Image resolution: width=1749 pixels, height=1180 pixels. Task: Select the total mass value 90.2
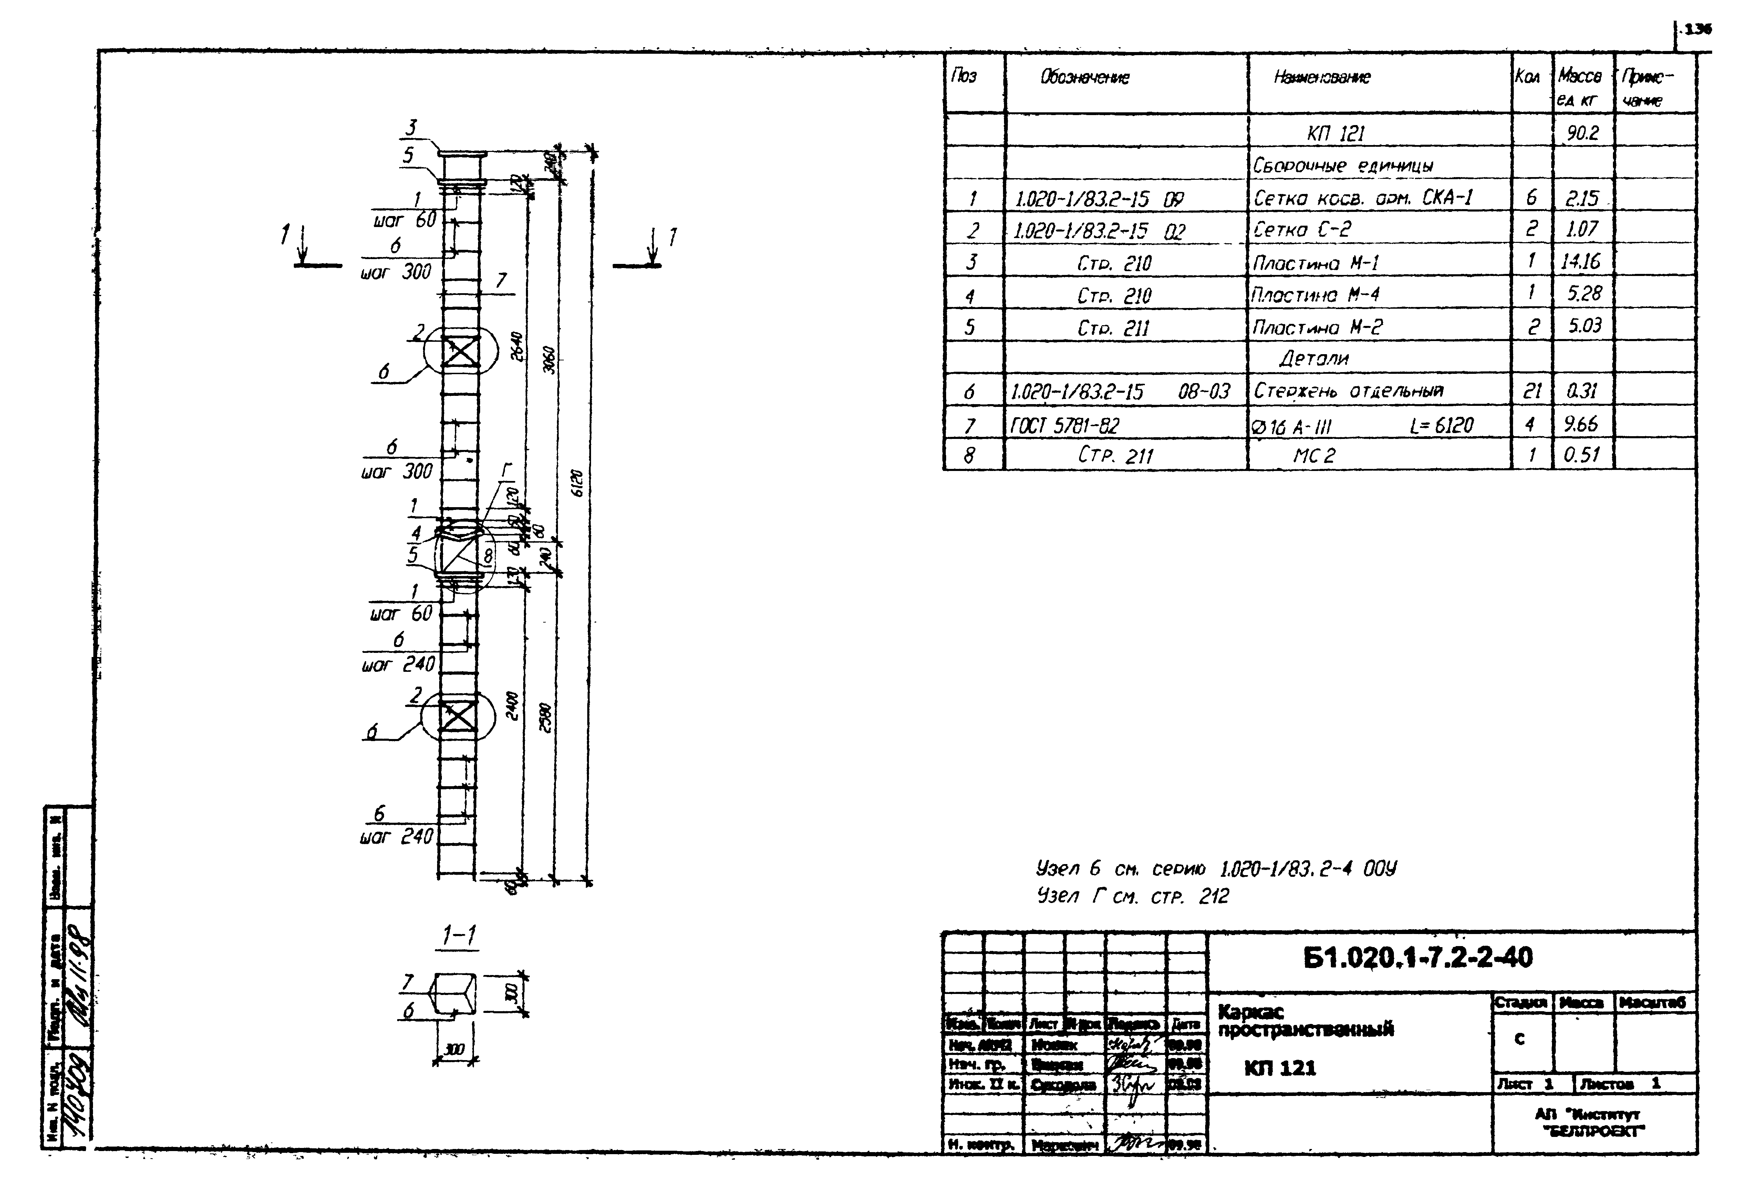pyautogui.click(x=1583, y=133)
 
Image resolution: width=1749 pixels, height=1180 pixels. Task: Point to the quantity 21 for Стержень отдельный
pyautogui.click(x=1532, y=391)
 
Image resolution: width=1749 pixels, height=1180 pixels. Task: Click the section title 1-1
pyautogui.click(x=459, y=935)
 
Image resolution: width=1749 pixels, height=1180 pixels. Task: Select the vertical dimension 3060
pyautogui.click(x=550, y=360)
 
